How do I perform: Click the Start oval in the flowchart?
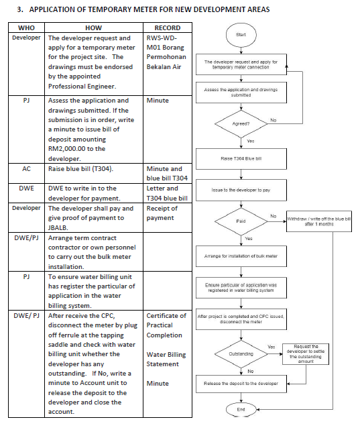pos(241,35)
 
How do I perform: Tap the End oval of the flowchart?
pos(241,410)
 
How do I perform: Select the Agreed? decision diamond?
pos(241,123)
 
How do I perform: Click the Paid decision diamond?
pos(241,221)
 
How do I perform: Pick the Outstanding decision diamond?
pos(241,354)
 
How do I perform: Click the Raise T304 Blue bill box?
pos(241,159)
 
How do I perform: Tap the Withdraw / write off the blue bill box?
pos(319,221)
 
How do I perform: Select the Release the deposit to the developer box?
pos(241,384)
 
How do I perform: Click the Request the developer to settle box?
pos(306,354)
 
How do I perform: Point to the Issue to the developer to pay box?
pos(241,190)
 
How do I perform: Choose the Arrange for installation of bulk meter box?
pos(241,256)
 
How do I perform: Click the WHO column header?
pos(26,28)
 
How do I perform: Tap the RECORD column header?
pos(168,28)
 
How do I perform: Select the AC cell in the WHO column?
pos(26,169)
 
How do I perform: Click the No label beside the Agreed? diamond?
pos(273,120)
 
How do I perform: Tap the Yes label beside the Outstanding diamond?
pos(272,347)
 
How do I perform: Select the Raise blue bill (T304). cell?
pos(80,169)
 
